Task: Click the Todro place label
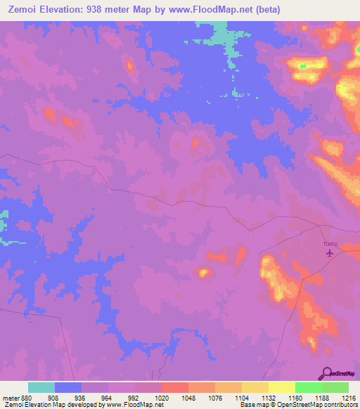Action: pyautogui.click(x=330, y=244)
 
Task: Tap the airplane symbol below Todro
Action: pyautogui.click(x=330, y=253)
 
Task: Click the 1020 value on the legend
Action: pyautogui.click(x=162, y=397)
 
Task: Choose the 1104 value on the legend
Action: pyautogui.click(x=242, y=397)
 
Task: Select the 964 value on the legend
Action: pyautogui.click(x=108, y=397)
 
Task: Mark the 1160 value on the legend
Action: pyautogui.click(x=295, y=397)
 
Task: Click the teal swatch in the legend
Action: pyautogui.click(x=41, y=387)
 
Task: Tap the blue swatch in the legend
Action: pyautogui.click(x=68, y=387)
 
